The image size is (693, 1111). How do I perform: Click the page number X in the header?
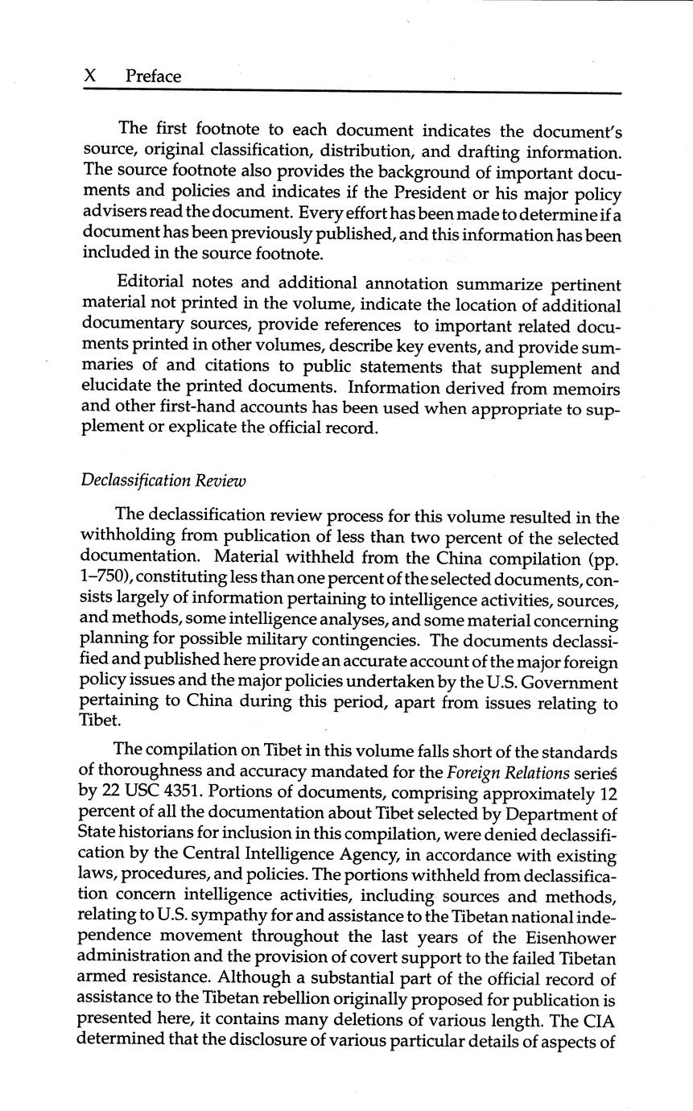pos(91,76)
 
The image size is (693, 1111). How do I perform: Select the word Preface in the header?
pos(154,76)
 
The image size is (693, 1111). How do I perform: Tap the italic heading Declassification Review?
pos(163,481)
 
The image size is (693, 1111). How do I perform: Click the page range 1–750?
pos(107,578)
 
